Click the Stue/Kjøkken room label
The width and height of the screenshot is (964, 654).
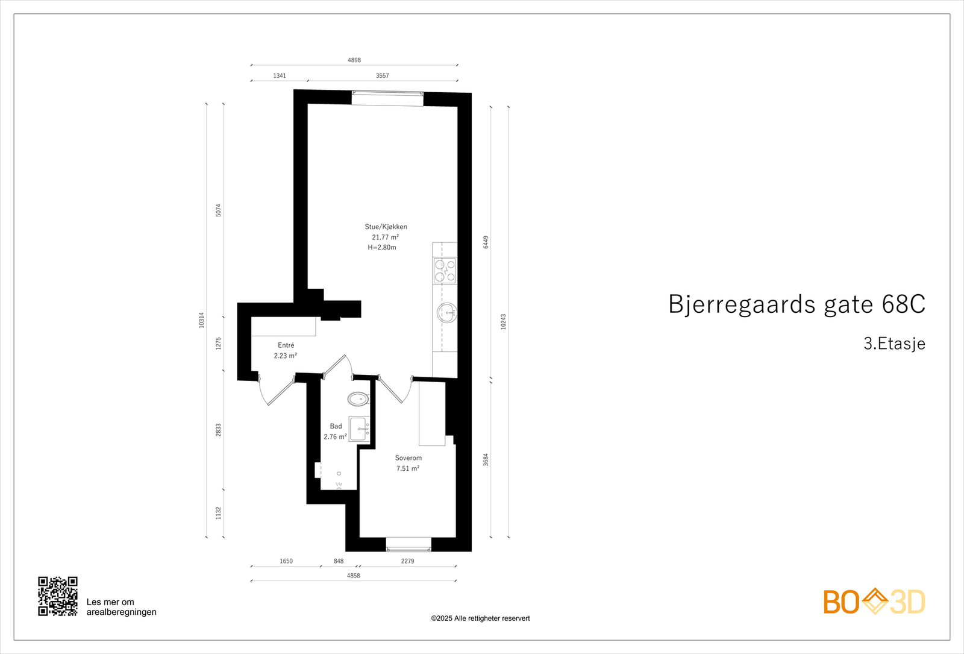(386, 227)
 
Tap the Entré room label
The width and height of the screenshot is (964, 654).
(286, 345)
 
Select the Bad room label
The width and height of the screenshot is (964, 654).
(336, 426)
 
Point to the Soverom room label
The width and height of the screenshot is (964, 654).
(408, 458)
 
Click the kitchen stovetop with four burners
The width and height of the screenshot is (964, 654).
(445, 271)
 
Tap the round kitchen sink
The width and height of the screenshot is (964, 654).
(446, 313)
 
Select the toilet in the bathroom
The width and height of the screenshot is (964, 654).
(358, 398)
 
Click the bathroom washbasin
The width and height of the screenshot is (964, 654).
(360, 429)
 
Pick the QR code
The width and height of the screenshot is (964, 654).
(58, 596)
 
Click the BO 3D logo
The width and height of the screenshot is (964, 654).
(874, 602)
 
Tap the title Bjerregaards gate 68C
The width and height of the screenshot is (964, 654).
(797, 304)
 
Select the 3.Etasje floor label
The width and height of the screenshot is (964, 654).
(894, 344)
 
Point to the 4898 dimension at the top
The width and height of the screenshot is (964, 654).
(354, 60)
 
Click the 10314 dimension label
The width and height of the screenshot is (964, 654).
(202, 320)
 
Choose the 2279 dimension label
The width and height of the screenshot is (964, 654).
(407, 561)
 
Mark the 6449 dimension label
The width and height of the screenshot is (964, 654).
(486, 242)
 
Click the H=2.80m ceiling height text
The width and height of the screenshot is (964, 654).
(382, 248)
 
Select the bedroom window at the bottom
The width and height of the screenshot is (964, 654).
(408, 544)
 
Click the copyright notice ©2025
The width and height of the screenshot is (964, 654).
(480, 618)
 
